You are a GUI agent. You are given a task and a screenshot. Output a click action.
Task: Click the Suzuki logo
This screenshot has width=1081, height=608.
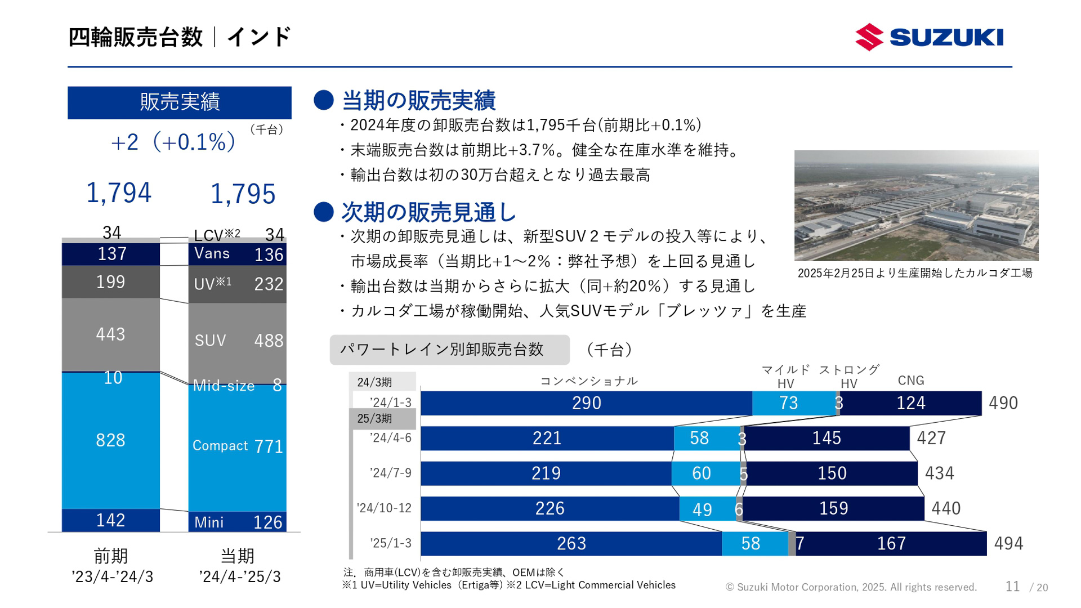(929, 37)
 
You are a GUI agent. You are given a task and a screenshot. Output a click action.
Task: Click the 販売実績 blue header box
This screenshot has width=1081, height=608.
(180, 102)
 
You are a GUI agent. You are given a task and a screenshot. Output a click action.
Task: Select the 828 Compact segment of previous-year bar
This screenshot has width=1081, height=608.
(110, 440)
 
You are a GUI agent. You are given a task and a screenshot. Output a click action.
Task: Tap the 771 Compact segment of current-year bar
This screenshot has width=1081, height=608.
(237, 447)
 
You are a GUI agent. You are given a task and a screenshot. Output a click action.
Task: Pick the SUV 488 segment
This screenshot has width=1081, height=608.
(237, 341)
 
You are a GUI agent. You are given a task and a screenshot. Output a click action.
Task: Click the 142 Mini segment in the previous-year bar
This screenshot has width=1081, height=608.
(110, 520)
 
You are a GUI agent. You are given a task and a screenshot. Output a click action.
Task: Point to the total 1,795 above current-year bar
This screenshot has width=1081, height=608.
(243, 194)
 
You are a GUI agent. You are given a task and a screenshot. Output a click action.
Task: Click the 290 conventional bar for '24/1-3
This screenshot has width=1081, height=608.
(586, 403)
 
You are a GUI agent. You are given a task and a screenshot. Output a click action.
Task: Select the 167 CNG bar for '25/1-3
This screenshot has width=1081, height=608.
(891, 544)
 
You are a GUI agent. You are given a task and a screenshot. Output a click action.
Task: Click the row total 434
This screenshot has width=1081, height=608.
(939, 473)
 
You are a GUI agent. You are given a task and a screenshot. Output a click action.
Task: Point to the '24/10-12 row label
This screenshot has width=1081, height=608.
(384, 508)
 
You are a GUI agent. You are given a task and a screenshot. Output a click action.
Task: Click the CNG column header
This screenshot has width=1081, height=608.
(910, 381)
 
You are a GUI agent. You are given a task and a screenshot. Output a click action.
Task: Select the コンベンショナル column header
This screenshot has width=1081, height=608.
(588, 381)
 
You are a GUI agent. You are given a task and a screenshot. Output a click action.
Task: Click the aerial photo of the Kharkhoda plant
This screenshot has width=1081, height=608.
(916, 205)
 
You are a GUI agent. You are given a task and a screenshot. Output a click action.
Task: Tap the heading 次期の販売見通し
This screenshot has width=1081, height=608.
(428, 212)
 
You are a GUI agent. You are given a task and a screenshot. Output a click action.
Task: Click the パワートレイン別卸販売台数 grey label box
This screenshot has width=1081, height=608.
(449, 350)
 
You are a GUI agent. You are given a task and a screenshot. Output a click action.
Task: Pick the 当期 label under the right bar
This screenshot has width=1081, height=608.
(237, 556)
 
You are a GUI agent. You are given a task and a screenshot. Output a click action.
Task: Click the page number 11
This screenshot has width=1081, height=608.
(1012, 587)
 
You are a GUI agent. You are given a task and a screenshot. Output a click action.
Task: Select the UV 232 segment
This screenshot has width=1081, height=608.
(237, 284)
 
